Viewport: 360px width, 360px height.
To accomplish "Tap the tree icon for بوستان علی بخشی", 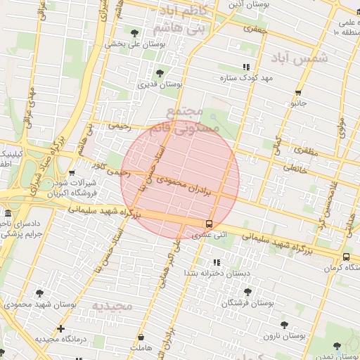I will (x=134, y=32).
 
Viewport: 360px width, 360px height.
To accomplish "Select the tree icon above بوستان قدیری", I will (x=160, y=73).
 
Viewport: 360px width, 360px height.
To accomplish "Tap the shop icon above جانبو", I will (x=298, y=93).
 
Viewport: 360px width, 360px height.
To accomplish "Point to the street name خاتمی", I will (x=295, y=168).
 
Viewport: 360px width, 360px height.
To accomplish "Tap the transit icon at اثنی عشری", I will (x=208, y=224).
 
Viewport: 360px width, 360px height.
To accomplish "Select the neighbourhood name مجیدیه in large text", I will (x=112, y=306).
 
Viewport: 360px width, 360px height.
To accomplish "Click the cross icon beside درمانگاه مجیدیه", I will (x=60, y=328).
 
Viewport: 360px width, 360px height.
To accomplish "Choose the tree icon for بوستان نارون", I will (x=284, y=325).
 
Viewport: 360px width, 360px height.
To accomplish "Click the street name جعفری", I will (x=251, y=30).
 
